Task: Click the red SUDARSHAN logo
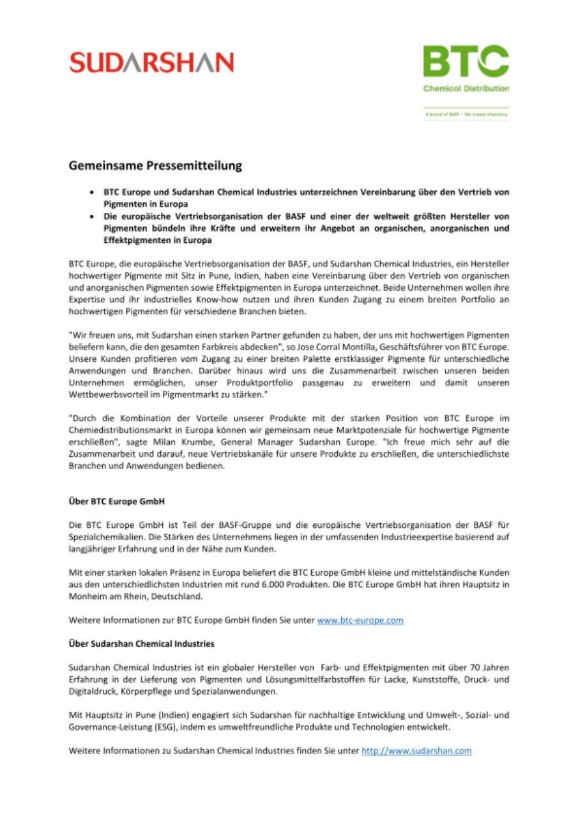tap(151, 63)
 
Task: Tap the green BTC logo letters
tap(466, 61)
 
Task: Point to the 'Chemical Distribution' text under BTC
tap(466, 88)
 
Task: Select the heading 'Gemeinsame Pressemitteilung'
tap(156, 166)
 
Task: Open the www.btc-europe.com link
tap(360, 621)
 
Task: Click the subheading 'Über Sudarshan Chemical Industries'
tap(141, 642)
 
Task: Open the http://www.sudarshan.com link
tap(416, 751)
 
